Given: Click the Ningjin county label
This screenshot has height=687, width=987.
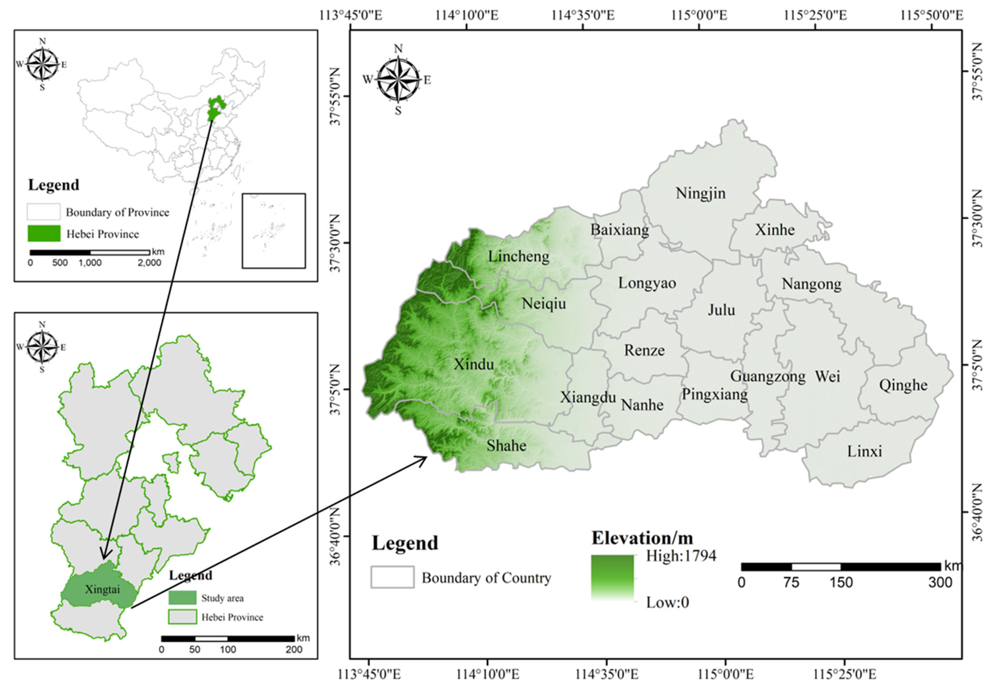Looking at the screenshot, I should tap(700, 193).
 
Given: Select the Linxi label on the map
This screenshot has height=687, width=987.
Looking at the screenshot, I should tap(865, 452).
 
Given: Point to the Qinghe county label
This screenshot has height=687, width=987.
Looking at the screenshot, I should tap(903, 385).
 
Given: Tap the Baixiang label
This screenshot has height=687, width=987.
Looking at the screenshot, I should tap(620, 230).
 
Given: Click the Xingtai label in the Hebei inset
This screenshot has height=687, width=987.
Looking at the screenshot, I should tap(102, 589).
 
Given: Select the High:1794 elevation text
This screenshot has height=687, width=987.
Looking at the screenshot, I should tap(681, 556).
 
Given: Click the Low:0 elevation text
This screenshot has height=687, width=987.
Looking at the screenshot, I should tap(667, 602).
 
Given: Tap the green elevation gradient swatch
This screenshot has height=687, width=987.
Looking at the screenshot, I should tap(612, 577).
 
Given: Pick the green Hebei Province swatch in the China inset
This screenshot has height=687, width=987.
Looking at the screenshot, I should tap(44, 233).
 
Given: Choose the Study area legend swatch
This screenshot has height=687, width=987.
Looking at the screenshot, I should tap(182, 598).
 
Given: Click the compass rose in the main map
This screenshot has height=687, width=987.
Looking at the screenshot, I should tap(398, 80).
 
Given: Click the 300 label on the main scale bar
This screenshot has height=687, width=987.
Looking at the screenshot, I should tap(940, 583).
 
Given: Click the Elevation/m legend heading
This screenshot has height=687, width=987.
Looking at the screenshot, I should tap(642, 538).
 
